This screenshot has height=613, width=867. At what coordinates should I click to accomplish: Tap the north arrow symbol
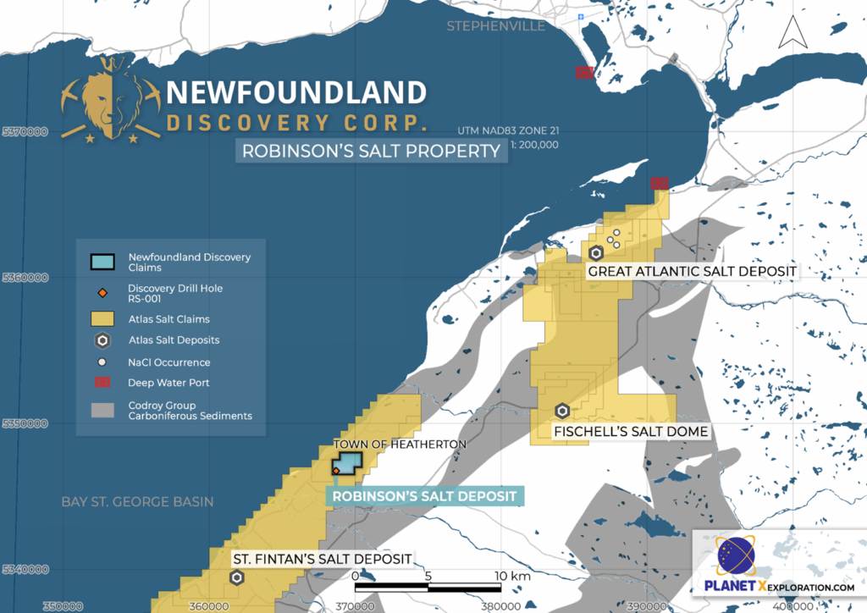click(791, 31)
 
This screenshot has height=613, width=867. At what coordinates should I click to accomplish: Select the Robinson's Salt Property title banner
click(371, 152)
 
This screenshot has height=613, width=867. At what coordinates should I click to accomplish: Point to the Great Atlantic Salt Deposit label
click(692, 271)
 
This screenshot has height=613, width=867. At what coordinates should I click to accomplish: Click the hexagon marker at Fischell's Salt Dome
click(561, 411)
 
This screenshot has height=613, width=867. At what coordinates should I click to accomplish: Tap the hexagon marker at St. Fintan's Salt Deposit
click(237, 577)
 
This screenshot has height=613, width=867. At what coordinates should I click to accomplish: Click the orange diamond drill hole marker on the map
click(336, 470)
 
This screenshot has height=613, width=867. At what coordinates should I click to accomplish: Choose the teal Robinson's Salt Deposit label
click(424, 496)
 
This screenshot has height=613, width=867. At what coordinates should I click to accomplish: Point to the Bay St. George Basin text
click(137, 502)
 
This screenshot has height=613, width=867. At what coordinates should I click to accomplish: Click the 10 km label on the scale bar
click(513, 576)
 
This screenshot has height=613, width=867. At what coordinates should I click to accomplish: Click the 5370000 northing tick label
click(25, 132)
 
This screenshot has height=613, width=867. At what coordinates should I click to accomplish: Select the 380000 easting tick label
click(500, 605)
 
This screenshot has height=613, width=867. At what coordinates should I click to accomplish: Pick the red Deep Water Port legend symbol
click(102, 383)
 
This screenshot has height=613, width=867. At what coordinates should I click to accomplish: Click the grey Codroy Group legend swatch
click(102, 410)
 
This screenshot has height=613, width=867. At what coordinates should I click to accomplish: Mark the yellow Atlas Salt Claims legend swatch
click(102, 319)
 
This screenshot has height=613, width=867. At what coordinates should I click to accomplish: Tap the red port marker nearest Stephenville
click(583, 73)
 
